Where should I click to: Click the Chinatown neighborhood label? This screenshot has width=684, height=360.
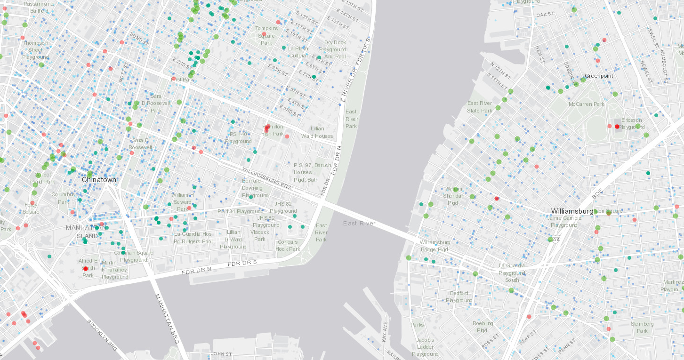tap(99, 180)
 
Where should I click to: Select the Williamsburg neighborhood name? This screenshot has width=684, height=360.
tap(572, 211)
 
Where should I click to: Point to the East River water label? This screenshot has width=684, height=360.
tap(360, 223)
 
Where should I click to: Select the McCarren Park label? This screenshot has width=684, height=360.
tap(586, 104)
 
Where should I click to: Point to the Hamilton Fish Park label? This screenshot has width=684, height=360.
tap(273, 130)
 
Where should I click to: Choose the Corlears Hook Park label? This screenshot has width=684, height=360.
tap(288, 246)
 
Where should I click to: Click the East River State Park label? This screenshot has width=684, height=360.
tap(480, 107)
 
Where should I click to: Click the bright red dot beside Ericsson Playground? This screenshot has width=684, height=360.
tap(617, 127)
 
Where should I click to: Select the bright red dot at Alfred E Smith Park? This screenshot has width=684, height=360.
tap(86, 268)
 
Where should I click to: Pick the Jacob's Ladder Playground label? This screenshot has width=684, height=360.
tap(425, 347)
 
